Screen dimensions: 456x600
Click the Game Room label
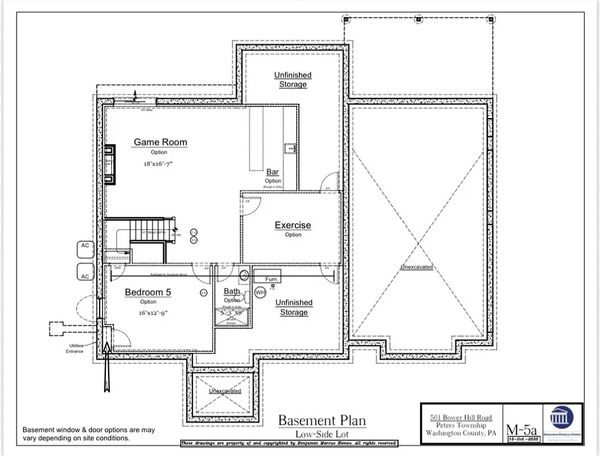[x=160, y=142]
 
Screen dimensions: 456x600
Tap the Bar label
[x=273, y=172]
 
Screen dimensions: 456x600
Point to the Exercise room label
[x=292, y=225]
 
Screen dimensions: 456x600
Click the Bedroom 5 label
[x=148, y=292]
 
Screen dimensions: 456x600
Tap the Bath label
[x=232, y=291]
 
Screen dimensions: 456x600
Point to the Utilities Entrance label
[x=75, y=348]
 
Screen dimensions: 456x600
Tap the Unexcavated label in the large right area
[x=416, y=267]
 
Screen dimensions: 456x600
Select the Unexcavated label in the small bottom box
[x=225, y=391]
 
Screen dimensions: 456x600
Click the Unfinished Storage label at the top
[x=293, y=80]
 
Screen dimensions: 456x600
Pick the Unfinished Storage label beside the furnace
[x=293, y=307]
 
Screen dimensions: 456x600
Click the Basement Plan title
[x=322, y=421]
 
